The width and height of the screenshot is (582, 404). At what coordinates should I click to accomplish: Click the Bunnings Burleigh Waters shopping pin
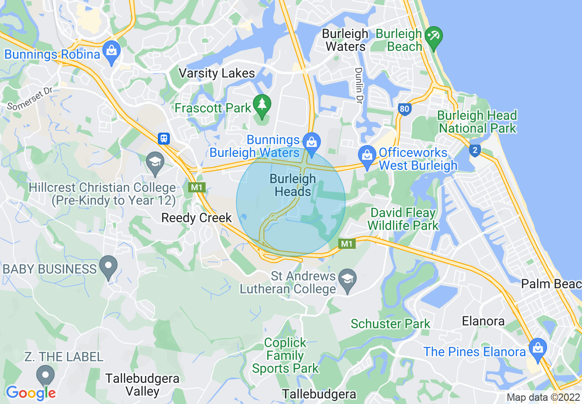point(312,140)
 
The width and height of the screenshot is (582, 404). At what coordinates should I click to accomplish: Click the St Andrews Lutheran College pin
point(347,278)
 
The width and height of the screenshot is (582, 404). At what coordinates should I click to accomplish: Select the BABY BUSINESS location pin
point(109,265)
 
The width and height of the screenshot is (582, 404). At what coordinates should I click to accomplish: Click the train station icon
point(164,138)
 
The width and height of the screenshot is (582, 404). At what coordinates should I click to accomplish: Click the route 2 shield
point(475,151)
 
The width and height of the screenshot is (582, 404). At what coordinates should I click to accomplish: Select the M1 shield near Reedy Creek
point(196,187)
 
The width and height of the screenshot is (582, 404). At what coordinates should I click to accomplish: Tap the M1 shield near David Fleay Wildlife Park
point(347,244)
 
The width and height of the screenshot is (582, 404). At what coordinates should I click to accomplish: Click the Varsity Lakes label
point(217,73)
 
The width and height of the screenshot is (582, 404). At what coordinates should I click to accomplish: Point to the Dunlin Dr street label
point(358,85)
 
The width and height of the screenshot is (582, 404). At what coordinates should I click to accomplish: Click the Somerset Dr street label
point(30,98)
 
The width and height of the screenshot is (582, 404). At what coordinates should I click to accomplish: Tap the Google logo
point(31,393)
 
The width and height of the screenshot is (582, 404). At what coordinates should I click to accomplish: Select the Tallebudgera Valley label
point(142,385)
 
